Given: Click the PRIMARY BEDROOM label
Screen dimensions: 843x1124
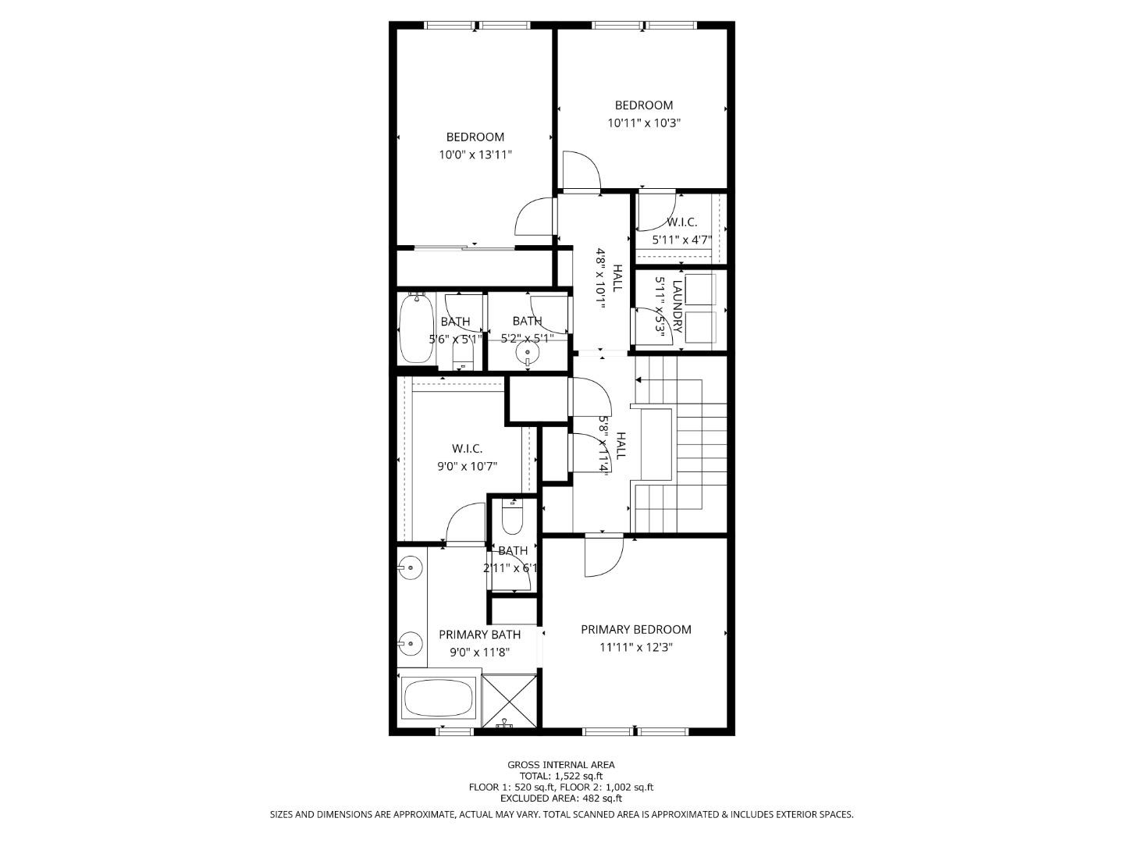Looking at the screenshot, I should [x=635, y=629].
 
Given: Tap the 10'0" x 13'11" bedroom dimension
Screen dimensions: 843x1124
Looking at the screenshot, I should [x=475, y=155].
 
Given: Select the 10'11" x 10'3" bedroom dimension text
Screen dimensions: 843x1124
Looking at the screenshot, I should [x=644, y=123].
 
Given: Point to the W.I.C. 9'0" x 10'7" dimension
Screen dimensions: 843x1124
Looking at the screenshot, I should [x=467, y=466].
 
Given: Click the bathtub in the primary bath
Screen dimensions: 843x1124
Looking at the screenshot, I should [x=438, y=697].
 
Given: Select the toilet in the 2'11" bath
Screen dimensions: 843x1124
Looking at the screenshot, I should [x=512, y=516].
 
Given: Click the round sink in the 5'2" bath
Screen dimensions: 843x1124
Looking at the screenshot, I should [x=528, y=353].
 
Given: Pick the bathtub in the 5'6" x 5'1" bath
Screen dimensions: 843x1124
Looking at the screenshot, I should [x=415, y=330].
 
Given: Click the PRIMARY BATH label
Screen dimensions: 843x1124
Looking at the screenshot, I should [x=479, y=635].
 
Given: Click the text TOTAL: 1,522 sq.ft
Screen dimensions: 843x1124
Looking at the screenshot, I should [x=561, y=776].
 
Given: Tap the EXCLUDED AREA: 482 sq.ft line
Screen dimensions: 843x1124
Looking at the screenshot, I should [x=561, y=799].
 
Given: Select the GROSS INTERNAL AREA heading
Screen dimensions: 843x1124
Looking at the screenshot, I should [x=561, y=765].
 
